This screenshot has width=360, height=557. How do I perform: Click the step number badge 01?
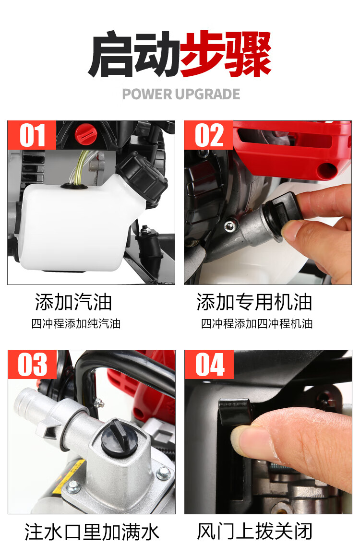[x=32, y=135]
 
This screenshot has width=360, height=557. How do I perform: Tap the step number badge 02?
[x=209, y=135]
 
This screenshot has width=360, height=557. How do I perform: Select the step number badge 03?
[x=32, y=365]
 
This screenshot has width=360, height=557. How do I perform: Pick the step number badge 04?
[x=209, y=365]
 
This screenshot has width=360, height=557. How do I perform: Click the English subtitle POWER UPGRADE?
[x=181, y=94]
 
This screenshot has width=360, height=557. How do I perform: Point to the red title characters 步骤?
[x=226, y=54]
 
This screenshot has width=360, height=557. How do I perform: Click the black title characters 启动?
[x=134, y=54]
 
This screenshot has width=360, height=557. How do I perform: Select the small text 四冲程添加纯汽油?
[x=76, y=324]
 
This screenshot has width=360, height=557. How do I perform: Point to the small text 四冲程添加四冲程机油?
[x=257, y=324]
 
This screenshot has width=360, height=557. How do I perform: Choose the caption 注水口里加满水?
[x=92, y=532]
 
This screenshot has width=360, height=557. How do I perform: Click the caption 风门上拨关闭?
[x=255, y=532]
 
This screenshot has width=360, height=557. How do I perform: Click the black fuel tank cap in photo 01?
[x=142, y=177]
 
